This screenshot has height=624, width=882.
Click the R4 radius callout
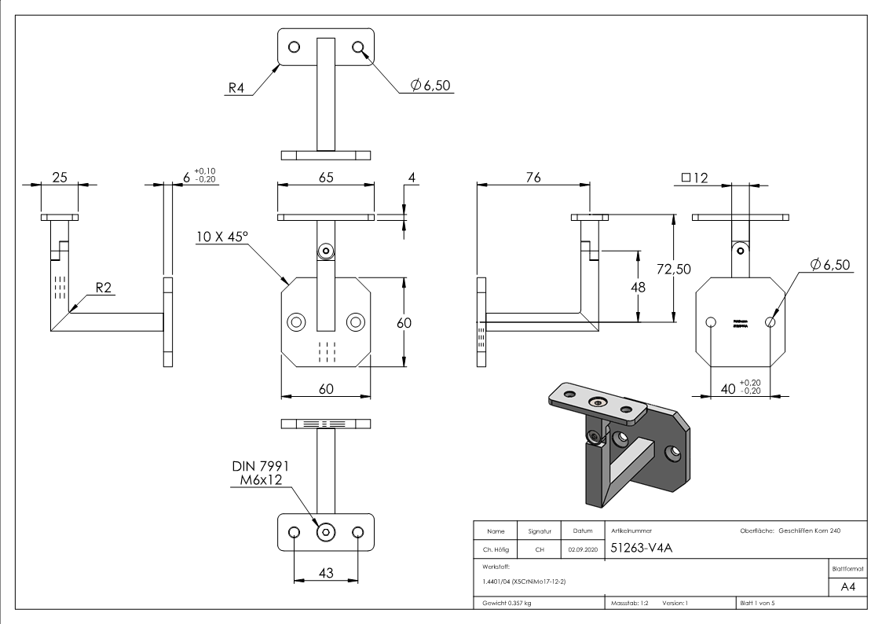(x=236, y=86)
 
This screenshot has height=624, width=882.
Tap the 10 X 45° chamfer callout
(x=222, y=236)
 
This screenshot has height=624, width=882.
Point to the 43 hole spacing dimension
(x=325, y=574)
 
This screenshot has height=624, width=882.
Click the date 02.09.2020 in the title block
(x=581, y=550)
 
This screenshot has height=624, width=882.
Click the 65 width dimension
(x=325, y=178)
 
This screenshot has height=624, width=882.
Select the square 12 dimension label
(x=695, y=178)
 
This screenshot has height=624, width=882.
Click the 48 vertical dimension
(x=639, y=287)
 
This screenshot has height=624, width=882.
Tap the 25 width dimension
(x=60, y=178)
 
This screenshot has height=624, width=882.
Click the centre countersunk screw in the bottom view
(x=324, y=533)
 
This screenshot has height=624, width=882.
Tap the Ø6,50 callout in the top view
(x=427, y=86)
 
